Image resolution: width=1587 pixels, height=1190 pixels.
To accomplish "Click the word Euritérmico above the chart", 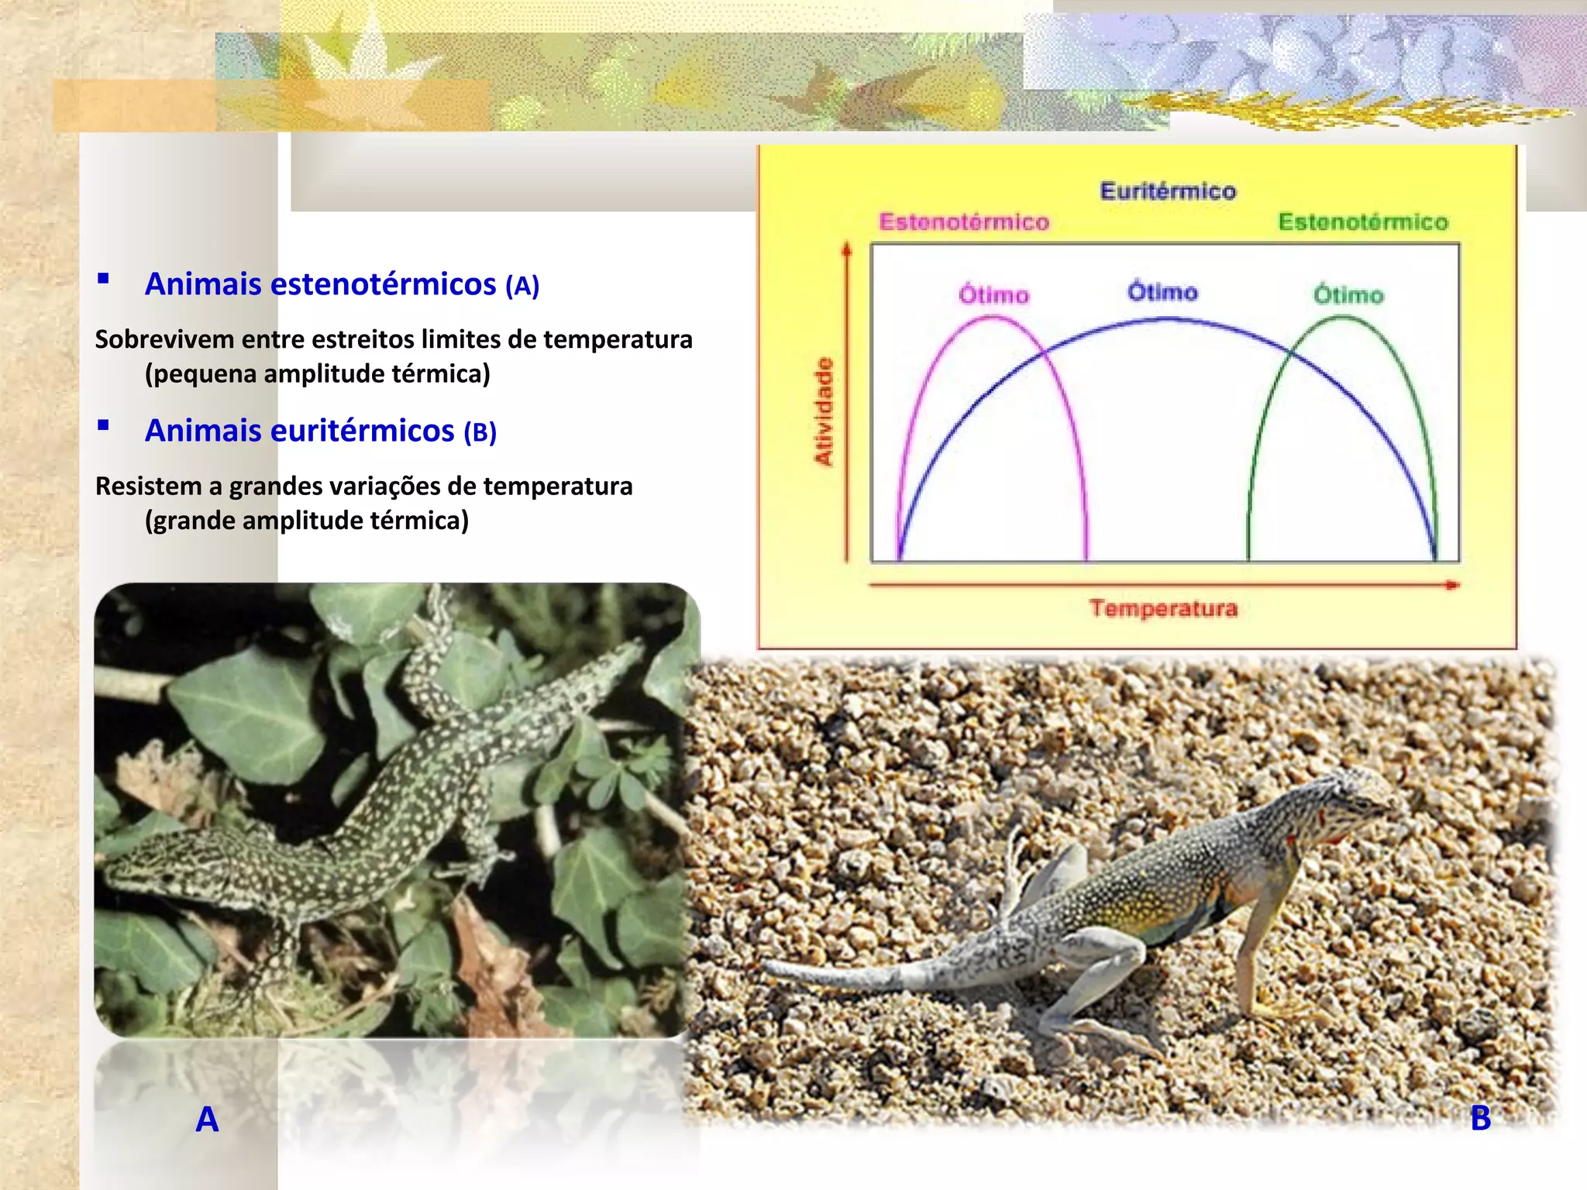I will [x=1168, y=191].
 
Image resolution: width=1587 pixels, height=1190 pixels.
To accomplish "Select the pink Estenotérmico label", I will [x=964, y=222].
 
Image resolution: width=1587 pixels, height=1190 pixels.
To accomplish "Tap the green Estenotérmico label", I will [x=1363, y=222].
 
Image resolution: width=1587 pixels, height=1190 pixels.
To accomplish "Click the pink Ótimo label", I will [x=993, y=295].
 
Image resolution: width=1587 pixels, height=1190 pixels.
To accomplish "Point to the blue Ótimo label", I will [x=1162, y=292].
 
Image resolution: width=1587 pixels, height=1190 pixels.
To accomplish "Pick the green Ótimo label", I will [x=1348, y=295].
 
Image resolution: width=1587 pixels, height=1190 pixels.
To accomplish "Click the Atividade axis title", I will [x=824, y=411].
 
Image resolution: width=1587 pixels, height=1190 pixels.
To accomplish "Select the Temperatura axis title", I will [x=1163, y=608].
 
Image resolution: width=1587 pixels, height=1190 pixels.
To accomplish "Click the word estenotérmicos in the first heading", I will [x=383, y=284].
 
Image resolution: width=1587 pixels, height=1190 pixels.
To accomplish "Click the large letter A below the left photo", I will [x=207, y=1119].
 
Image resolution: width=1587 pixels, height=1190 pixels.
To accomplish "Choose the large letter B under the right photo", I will [x=1480, y=1118].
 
